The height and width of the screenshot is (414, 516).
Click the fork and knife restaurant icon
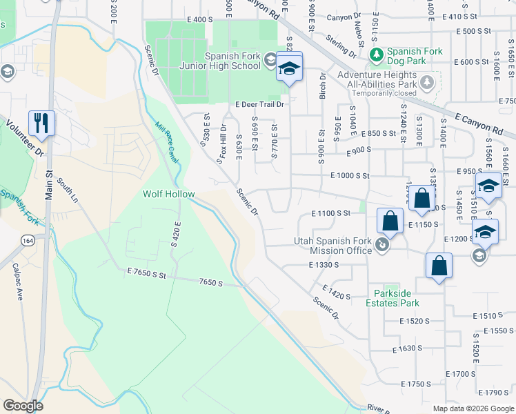point(41,124)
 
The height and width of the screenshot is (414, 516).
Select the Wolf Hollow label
point(168,195)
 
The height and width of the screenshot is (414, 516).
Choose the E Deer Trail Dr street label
point(259,105)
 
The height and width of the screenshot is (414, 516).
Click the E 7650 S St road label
point(147,274)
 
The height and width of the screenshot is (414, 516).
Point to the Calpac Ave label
point(20,283)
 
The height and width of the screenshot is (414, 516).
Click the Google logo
point(23,406)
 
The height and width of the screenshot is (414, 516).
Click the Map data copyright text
point(473,408)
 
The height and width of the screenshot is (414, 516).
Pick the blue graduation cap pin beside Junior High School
point(289,68)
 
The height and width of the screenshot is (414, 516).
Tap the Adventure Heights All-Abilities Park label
point(381,79)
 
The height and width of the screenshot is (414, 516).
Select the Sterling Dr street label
point(341,46)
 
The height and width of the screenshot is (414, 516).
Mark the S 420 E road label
point(176,235)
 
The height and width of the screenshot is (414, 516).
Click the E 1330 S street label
point(325,264)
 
